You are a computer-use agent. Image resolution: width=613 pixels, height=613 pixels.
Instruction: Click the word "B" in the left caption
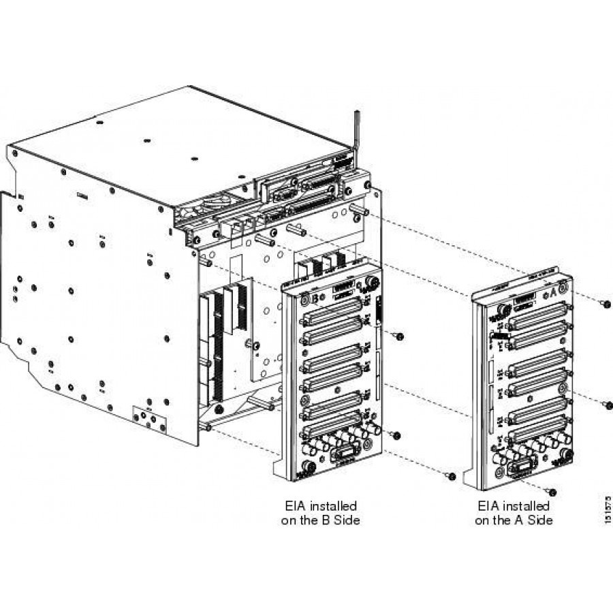pos(334,520)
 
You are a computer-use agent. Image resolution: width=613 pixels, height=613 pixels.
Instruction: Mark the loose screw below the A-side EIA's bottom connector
pos(552,491)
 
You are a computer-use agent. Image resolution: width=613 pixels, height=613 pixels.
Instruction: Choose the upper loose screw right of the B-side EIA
pos(400,336)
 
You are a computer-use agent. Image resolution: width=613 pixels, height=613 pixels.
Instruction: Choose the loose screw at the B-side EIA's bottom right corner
pos(450,475)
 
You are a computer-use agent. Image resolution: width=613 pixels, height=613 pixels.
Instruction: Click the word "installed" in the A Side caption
pos(525,507)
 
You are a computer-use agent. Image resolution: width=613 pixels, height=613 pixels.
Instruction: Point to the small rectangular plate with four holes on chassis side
pos(148,417)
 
